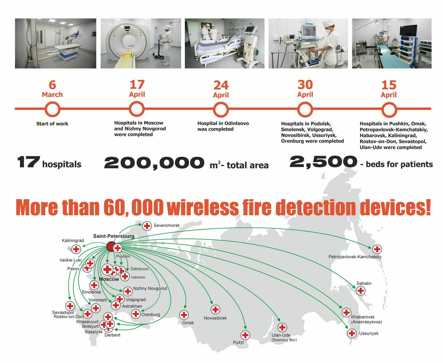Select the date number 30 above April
(x=305, y=85)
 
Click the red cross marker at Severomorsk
(x=147, y=226)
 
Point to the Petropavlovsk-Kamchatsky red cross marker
(x=377, y=249)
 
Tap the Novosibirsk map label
(x=215, y=318)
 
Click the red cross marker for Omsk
(x=184, y=315)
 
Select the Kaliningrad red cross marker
(x=76, y=249)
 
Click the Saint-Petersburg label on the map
(x=114, y=236)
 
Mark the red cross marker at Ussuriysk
(x=352, y=333)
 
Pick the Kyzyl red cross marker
(x=245, y=335)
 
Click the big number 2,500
(x=323, y=162)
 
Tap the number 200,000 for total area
(x=154, y=163)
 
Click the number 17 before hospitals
(x=28, y=162)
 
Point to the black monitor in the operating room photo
(x=408, y=30)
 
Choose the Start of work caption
(x=52, y=124)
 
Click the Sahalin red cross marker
(x=361, y=291)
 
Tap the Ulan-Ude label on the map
(x=281, y=335)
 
